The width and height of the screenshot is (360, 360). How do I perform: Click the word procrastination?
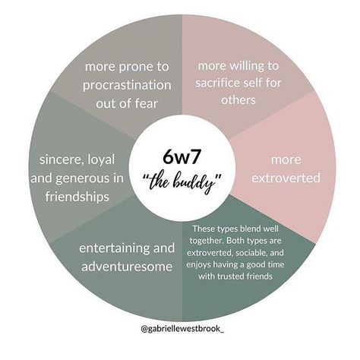click(127, 85)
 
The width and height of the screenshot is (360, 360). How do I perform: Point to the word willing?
click(245, 66)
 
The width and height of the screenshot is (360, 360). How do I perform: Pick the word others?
click(238, 99)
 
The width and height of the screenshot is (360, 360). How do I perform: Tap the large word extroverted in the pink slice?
click(286, 178)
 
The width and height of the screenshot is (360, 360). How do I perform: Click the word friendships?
click(77, 197)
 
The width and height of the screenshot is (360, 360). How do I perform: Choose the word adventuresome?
click(127, 267)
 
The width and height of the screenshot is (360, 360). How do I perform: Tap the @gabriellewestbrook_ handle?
click(182, 329)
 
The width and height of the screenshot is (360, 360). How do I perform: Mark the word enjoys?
click(199, 265)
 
